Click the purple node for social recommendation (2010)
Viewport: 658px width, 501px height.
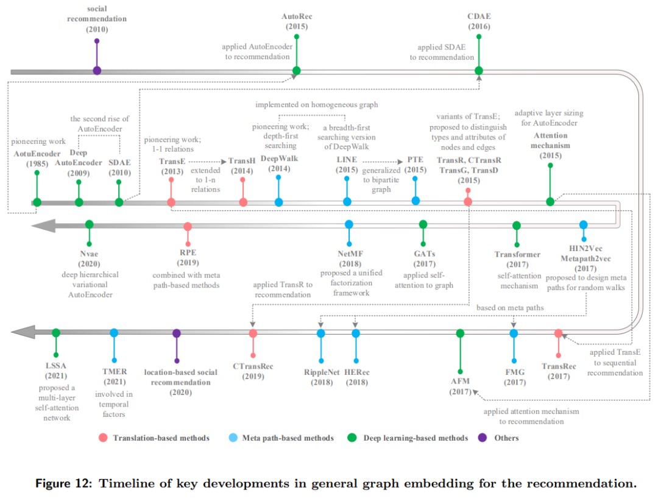pos(97,70)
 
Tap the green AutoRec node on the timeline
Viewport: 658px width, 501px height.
pos(296,70)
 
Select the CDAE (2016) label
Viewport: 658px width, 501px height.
pos(479,21)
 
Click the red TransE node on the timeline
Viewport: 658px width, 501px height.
pos(171,202)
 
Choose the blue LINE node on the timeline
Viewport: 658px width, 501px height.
pos(347,202)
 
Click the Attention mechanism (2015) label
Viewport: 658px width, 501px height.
pos(550,146)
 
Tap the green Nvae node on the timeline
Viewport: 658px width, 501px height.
pos(90,224)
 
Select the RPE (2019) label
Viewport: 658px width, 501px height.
pos(188,258)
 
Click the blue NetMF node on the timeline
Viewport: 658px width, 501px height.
pos(349,224)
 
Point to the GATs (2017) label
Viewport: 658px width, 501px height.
pos(423,258)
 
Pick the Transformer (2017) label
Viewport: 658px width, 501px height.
pos(517,259)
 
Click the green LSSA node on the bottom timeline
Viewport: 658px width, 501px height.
pos(56,333)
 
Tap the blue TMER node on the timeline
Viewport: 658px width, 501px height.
pos(114,333)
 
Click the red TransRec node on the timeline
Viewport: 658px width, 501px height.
pos(558,333)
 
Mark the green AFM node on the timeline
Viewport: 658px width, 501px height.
pos(460,333)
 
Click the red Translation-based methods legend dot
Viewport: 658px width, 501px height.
pos(103,438)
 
